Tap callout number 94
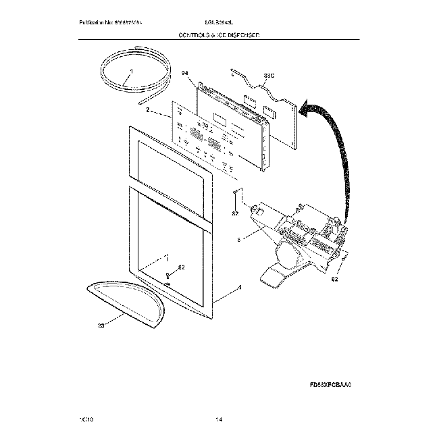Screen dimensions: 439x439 click(x=186, y=72)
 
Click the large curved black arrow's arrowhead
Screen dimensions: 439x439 click(x=307, y=108)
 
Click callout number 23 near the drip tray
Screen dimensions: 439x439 click(x=102, y=326)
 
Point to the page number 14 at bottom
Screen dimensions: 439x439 click(x=218, y=419)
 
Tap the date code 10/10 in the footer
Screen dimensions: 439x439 click(x=86, y=419)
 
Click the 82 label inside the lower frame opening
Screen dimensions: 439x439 click(x=180, y=269)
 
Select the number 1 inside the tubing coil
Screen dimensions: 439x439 click(x=131, y=72)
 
